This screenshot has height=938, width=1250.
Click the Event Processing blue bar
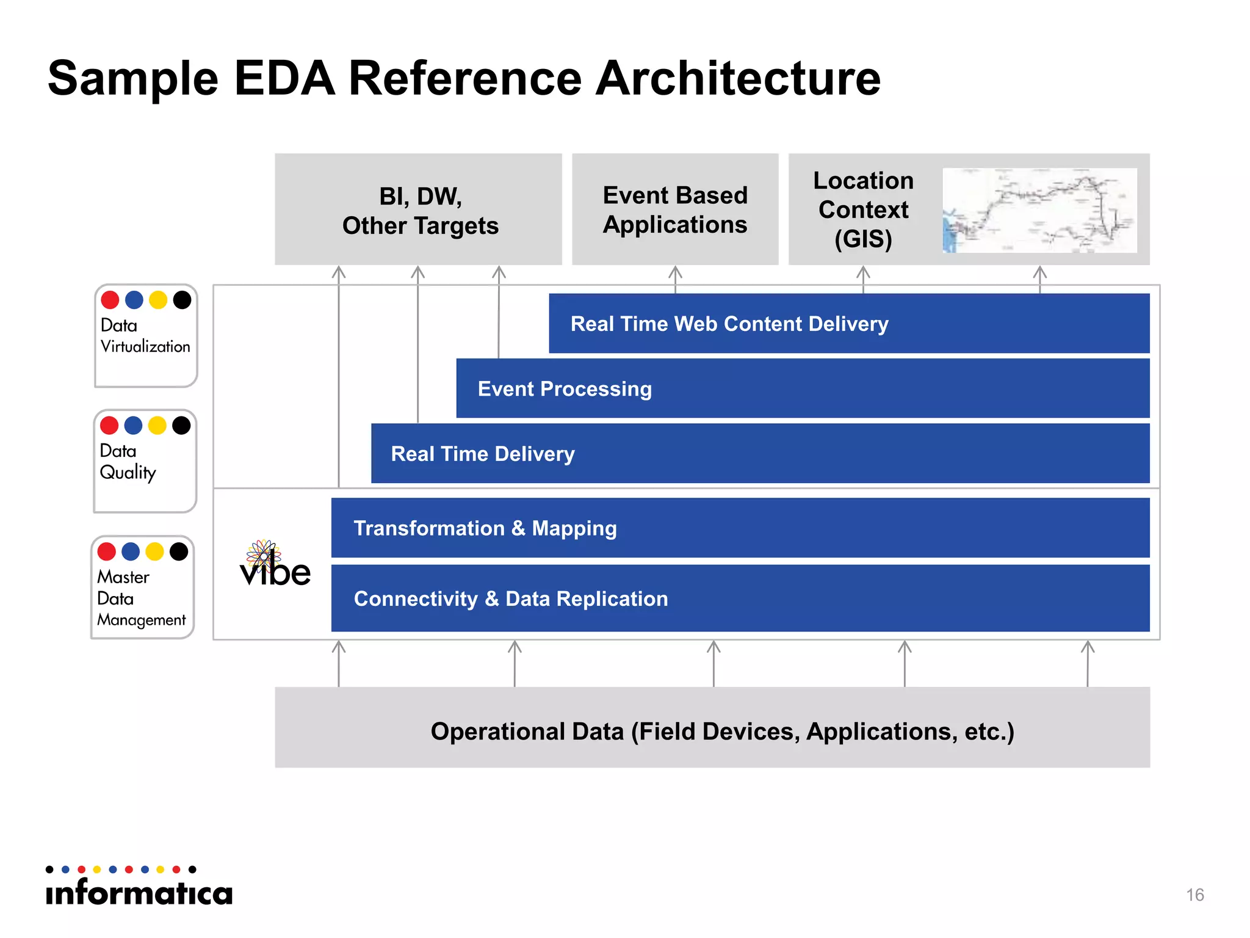pos(803,388)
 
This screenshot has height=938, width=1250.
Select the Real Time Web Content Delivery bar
pos(848,324)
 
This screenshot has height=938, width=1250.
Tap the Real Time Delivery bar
pos(760,454)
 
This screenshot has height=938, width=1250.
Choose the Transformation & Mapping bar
pos(740,528)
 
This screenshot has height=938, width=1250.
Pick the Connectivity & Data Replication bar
pos(740,598)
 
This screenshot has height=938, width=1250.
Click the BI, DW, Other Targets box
pos(419,209)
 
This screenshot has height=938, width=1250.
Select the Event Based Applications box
pos(675,209)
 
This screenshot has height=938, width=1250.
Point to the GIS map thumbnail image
pos(1039,210)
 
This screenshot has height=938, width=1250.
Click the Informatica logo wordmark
pos(139,892)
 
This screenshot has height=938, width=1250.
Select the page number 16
pos(1194,895)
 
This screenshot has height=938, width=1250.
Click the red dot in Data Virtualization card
pos(110,300)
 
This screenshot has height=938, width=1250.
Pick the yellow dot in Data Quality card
pos(157,426)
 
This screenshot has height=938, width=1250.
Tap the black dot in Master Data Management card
pos(179,551)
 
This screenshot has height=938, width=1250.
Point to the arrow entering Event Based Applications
pos(675,278)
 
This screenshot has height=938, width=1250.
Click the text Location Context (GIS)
pos(863,209)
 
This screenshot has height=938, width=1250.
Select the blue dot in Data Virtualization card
pos(134,300)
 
